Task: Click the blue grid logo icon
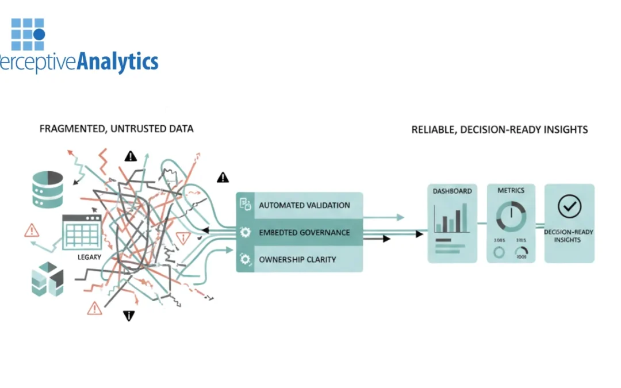point(28,34)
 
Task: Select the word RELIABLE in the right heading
point(433,130)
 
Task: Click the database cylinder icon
point(47,189)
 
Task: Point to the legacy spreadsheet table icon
point(82,232)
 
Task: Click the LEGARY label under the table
point(89,257)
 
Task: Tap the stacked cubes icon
point(47,280)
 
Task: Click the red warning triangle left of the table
point(32,231)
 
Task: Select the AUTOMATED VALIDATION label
point(304,205)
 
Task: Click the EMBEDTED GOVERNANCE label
point(304,232)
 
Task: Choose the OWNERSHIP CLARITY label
point(297,259)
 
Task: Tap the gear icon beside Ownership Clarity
point(246,260)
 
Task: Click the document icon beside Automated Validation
point(245,204)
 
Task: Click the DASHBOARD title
point(452,191)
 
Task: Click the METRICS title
point(511,191)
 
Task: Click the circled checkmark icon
point(569,206)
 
